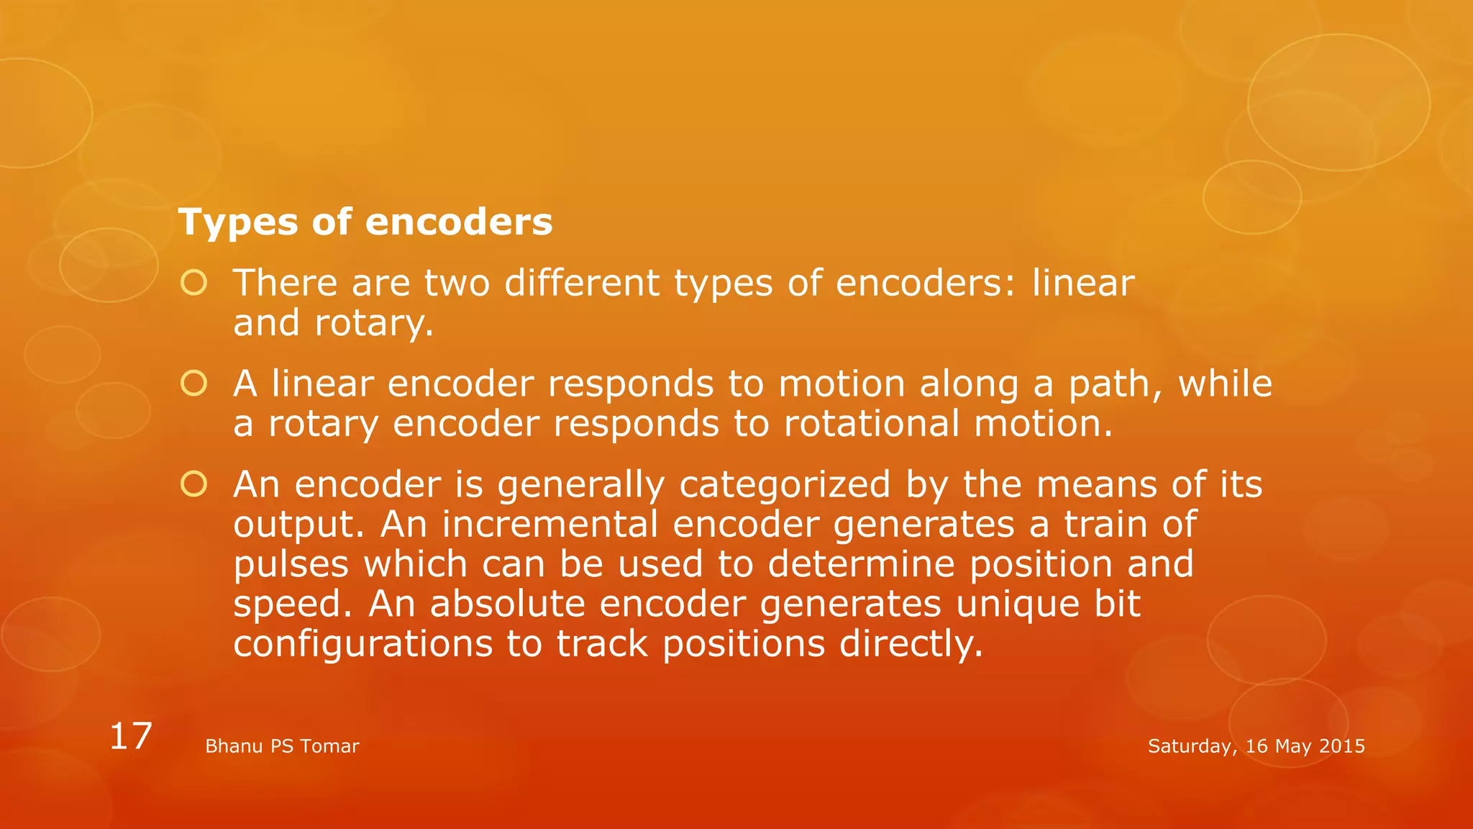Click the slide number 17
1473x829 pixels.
click(x=130, y=736)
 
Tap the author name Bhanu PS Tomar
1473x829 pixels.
click(x=282, y=746)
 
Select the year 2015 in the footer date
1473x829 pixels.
click(x=1342, y=746)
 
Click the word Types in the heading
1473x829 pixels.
click(x=237, y=222)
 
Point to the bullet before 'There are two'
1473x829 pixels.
click(x=193, y=283)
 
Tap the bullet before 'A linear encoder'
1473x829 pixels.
click(x=193, y=384)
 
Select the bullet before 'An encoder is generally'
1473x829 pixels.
click(x=193, y=484)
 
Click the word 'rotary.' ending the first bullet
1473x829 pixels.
click(x=374, y=324)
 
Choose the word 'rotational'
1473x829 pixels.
click(x=871, y=424)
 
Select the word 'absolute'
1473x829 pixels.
click(x=508, y=604)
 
